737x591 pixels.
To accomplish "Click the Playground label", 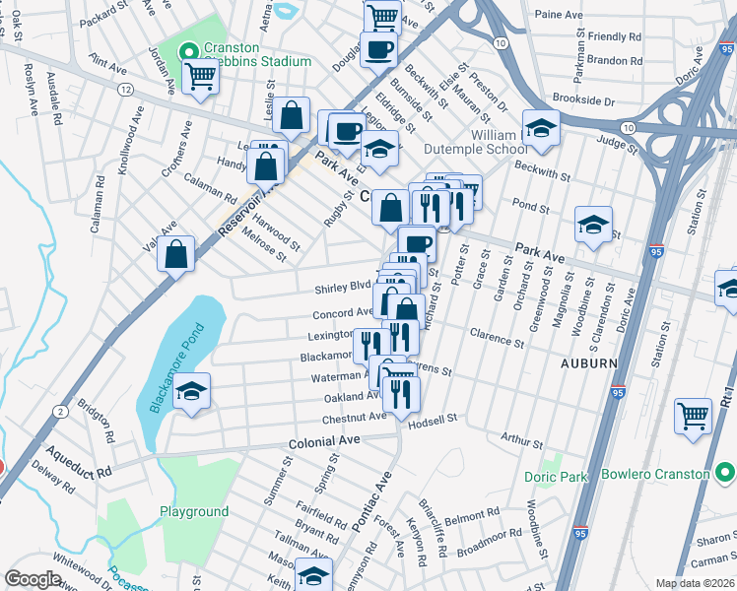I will pos(194,511).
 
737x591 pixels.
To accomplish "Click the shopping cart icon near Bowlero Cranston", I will pos(694,413).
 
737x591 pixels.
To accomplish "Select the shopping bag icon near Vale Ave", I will pos(175,253).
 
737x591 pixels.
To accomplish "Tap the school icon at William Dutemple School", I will pos(541,127).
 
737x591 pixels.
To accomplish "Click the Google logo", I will pos(33,578).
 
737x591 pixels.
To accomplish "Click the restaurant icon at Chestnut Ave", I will pos(401,392).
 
